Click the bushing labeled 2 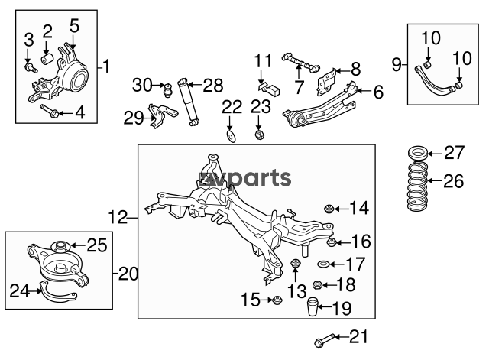(47, 57)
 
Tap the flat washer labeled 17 (324, 264)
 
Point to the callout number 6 (377, 93)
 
